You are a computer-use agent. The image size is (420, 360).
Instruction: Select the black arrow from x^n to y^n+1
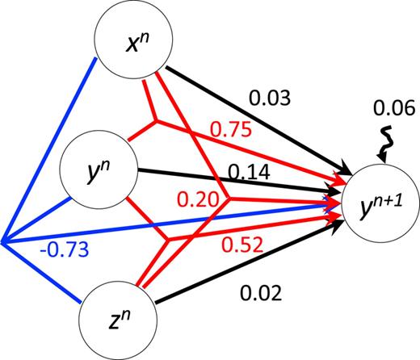point(258,121)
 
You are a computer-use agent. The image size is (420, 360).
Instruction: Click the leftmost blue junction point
point(2,241)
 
